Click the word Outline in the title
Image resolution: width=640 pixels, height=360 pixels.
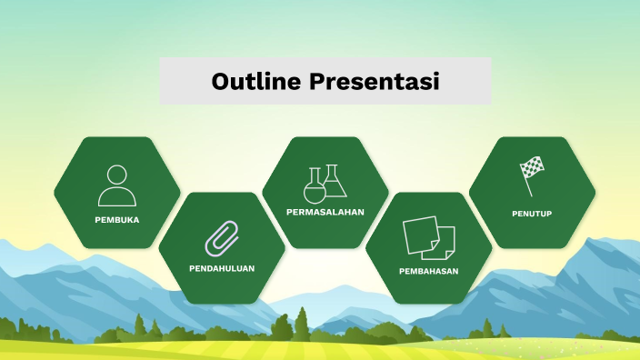(x=255, y=81)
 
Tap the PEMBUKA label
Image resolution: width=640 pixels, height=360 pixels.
(x=117, y=220)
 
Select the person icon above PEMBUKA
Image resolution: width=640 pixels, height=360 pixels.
(x=117, y=185)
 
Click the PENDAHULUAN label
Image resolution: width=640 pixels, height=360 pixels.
(x=222, y=268)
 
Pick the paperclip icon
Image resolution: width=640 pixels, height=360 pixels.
(x=222, y=235)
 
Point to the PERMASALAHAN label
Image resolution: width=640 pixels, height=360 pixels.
(x=325, y=212)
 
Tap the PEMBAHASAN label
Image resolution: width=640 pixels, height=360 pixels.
(x=429, y=271)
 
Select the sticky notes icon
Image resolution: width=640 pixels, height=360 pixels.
(x=429, y=236)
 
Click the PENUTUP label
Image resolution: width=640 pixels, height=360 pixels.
(x=532, y=214)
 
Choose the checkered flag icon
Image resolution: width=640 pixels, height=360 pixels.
(x=531, y=175)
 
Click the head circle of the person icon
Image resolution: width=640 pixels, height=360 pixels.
(x=117, y=175)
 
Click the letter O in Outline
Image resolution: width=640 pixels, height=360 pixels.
(x=222, y=81)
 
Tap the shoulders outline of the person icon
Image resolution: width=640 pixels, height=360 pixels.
(x=117, y=196)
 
